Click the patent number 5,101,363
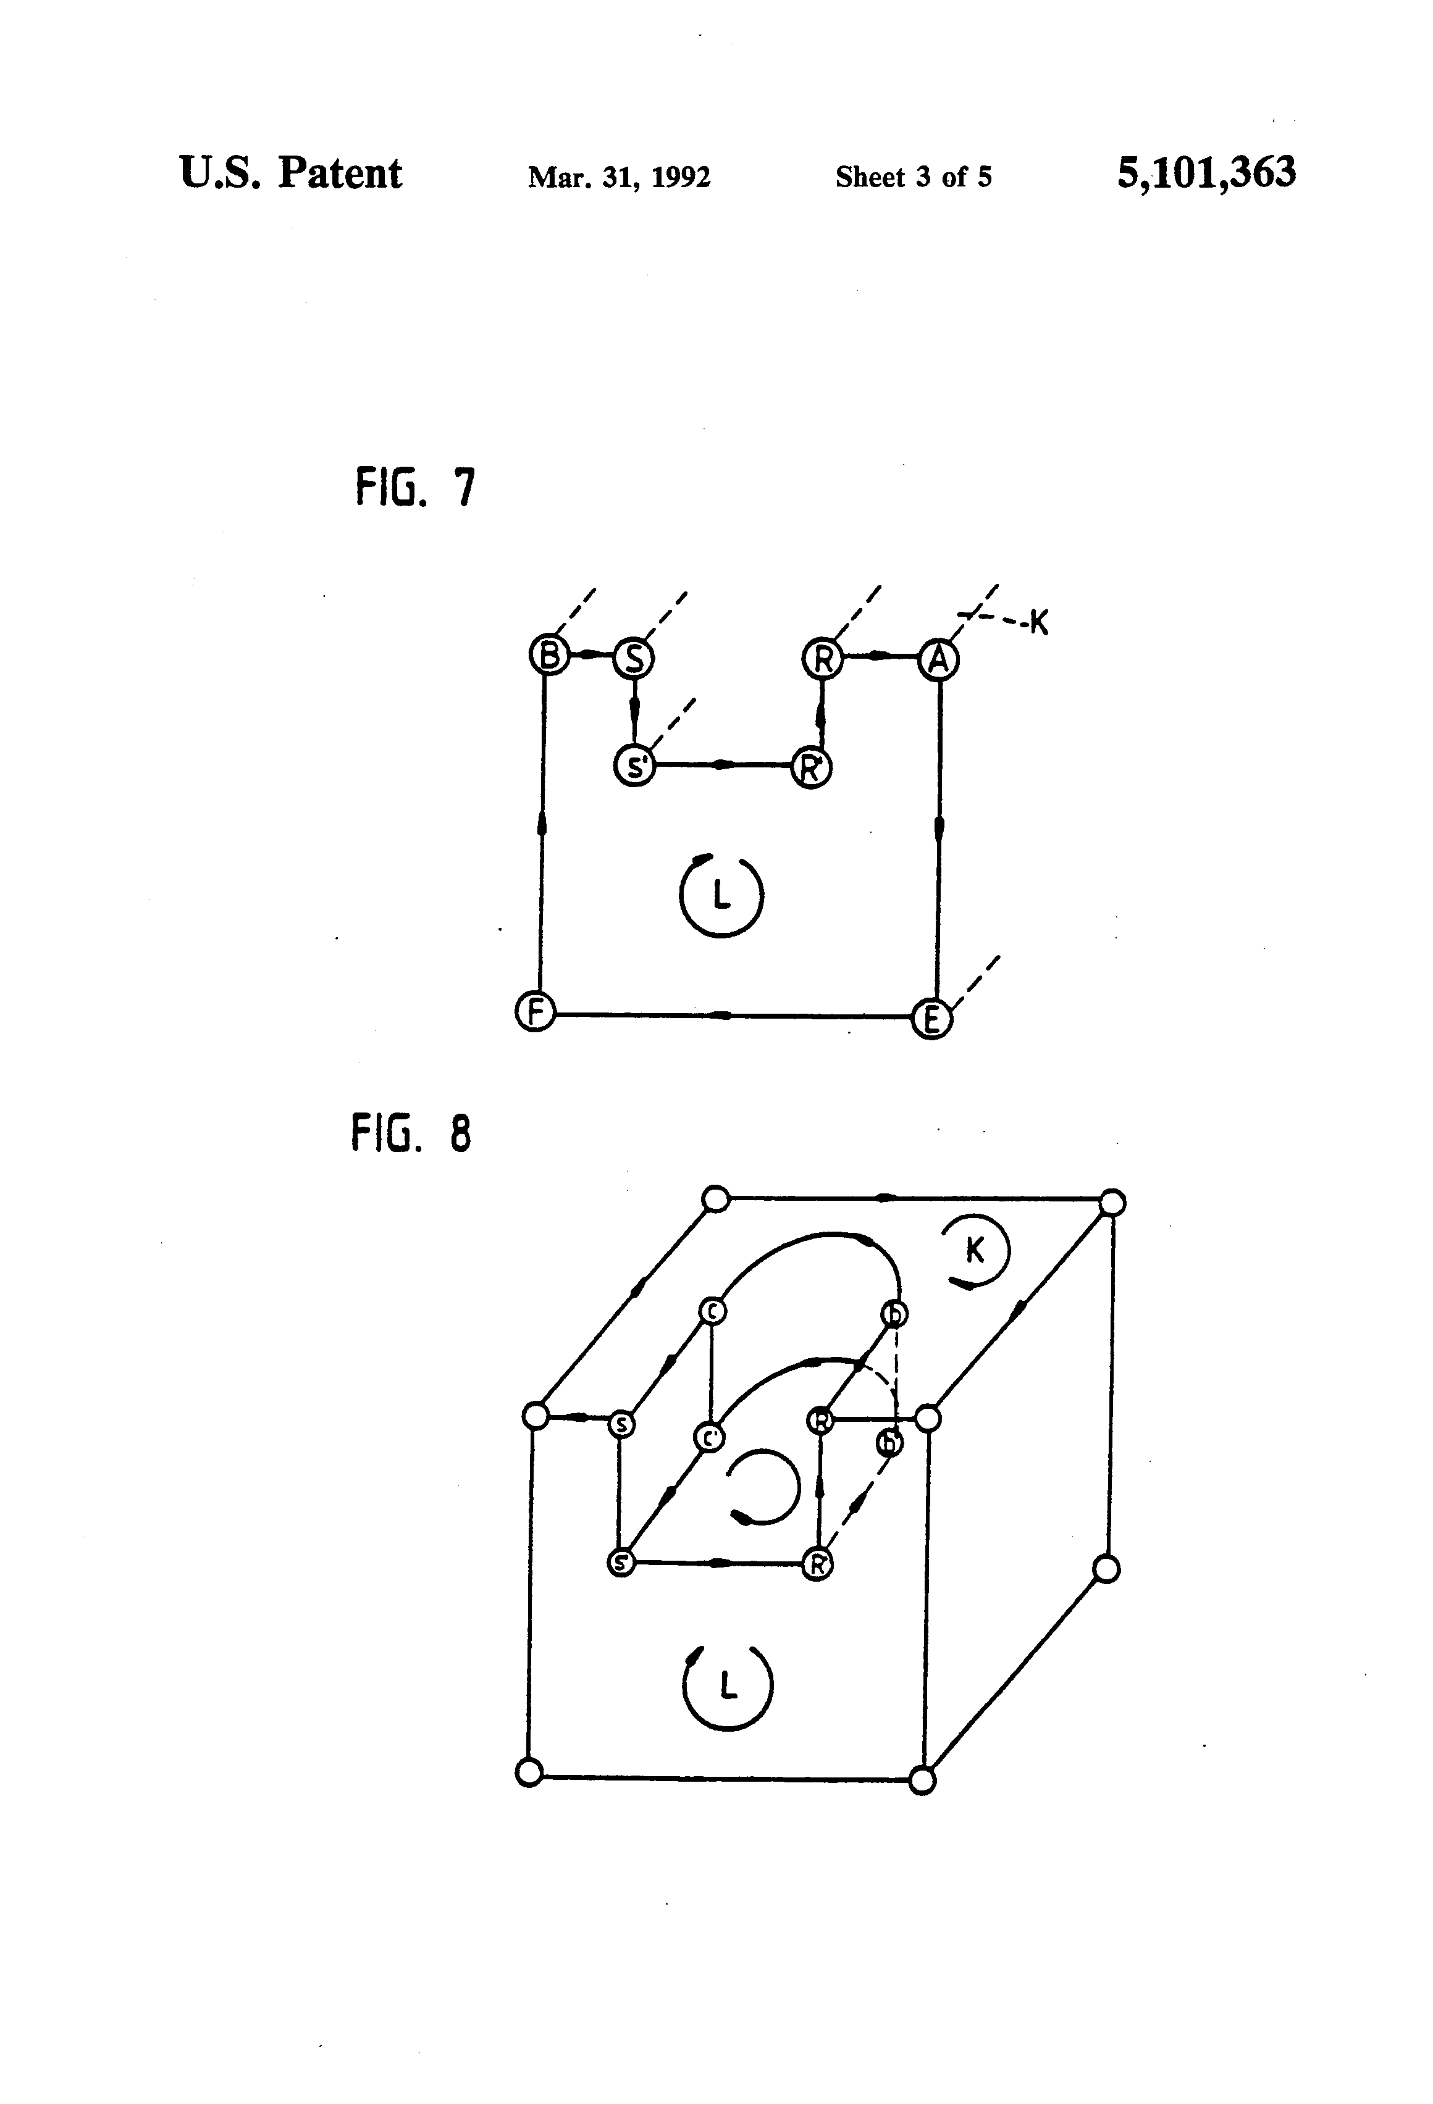pyautogui.click(x=1206, y=172)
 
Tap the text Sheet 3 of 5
pyautogui.click(x=913, y=177)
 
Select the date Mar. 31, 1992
pyautogui.click(x=619, y=177)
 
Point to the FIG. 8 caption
pyautogui.click(x=411, y=1133)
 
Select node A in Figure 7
pyautogui.click(x=938, y=659)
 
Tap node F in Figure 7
pyautogui.click(x=534, y=1011)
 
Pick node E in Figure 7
pyautogui.click(x=931, y=1019)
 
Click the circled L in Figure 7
pyautogui.click(x=721, y=895)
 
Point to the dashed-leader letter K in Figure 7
pyautogui.click(x=1039, y=623)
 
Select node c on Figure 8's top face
pyautogui.click(x=713, y=1310)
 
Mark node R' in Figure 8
pyautogui.click(x=817, y=1564)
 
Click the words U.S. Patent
pyautogui.click(x=291, y=172)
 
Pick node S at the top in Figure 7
pyautogui.click(x=634, y=658)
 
